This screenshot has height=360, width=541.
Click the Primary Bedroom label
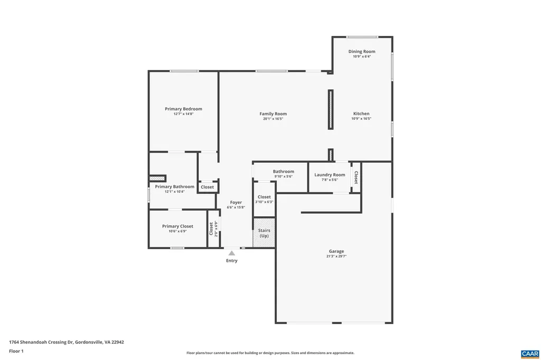pos(183,109)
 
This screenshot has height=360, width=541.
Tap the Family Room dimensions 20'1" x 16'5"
pos(273,119)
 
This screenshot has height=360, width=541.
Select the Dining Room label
pos(362,51)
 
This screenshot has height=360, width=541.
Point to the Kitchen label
pos(361,113)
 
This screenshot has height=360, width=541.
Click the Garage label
pos(337,251)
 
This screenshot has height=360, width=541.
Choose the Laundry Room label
pos(330,175)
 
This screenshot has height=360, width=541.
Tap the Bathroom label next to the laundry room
pos(284,171)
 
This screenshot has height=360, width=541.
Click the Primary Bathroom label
pos(174,186)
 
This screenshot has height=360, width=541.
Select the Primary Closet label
pos(178,226)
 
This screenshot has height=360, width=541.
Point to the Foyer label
pos(236,202)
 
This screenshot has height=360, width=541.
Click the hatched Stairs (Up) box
pos(264,233)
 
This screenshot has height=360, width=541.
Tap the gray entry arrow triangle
pos(231,253)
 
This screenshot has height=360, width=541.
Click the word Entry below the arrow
pos(231,261)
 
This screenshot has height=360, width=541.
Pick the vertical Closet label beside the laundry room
pos(356,177)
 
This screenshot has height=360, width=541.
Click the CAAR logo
pos(529,353)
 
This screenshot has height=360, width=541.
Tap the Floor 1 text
pos(16,351)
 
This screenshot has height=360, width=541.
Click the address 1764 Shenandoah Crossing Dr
pos(67,342)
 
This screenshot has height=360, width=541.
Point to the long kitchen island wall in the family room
pos(331,109)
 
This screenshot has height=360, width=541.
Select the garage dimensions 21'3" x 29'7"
pos(337,256)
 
